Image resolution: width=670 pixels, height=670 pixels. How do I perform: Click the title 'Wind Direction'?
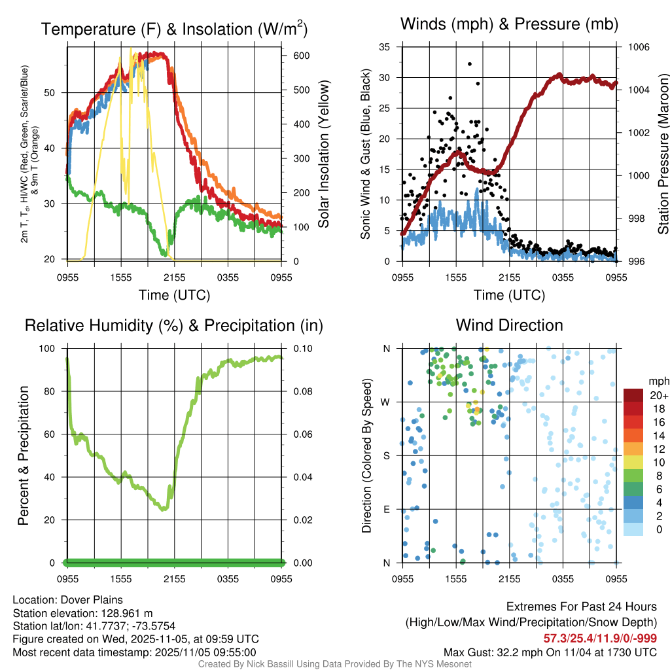(509, 325)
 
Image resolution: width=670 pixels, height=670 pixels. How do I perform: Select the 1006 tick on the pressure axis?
(639, 47)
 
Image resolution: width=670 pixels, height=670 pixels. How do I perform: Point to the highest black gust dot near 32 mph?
(470, 63)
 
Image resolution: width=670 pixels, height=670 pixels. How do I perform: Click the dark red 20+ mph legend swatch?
(633, 395)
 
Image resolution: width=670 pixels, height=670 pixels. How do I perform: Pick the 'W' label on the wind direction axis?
(386, 402)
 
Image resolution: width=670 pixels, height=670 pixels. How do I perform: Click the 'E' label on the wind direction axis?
(386, 509)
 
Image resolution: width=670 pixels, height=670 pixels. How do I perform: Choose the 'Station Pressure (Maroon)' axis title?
(663, 154)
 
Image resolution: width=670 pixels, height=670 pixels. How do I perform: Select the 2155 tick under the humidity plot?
(175, 580)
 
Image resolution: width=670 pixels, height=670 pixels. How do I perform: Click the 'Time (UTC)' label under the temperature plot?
(174, 295)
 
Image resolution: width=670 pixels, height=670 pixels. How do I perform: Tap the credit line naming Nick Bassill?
(334, 664)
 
